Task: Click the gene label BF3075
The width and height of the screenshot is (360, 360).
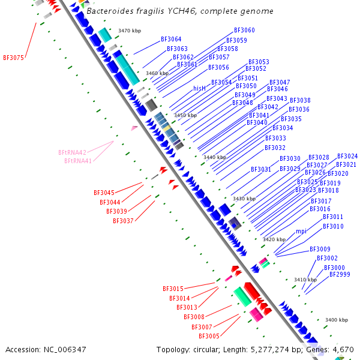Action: coord(13,58)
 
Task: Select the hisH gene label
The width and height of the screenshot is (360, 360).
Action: coord(199,88)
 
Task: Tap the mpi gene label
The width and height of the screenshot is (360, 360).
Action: coord(301,231)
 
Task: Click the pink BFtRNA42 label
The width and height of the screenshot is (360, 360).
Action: coord(72,152)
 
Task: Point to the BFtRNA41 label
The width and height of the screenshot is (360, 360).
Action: coord(78,161)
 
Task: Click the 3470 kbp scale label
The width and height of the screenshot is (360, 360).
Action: coord(130,30)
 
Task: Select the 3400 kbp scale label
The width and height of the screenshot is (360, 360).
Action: coord(336,320)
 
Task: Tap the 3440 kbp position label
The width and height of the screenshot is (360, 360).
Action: coord(214,157)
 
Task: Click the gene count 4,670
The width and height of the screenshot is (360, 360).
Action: coord(343,349)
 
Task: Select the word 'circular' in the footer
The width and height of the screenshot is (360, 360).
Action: coord(209,349)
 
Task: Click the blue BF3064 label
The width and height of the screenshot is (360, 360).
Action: coord(171,40)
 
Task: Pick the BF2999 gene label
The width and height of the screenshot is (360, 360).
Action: coord(340,274)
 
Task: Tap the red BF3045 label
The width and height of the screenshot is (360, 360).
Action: coord(104,193)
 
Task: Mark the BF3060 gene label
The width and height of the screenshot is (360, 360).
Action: coord(244,30)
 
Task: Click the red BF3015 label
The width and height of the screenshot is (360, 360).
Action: coord(173,289)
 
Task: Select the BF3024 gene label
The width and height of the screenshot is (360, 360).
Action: coord(347,157)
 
